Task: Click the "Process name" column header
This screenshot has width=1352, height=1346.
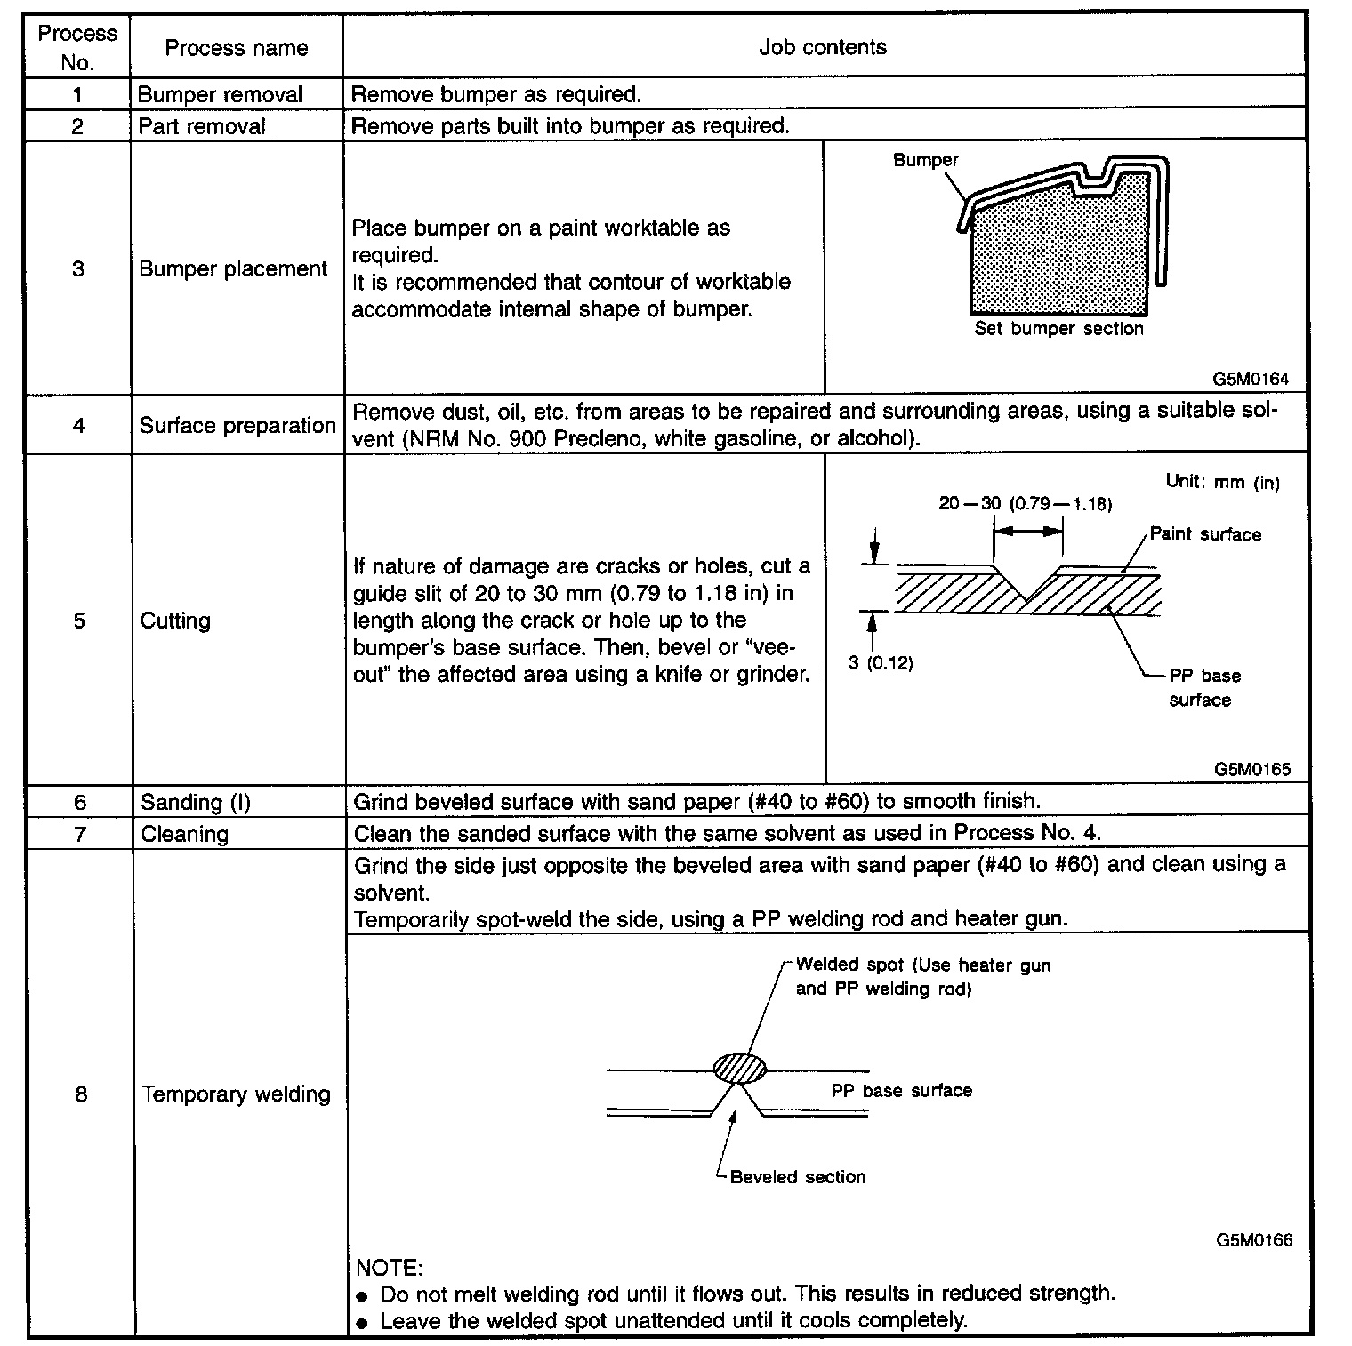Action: pos(237,48)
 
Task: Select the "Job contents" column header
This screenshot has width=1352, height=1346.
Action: pos(823,47)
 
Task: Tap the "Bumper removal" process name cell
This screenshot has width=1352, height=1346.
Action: pos(220,94)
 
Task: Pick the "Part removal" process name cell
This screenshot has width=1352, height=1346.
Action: pos(202,126)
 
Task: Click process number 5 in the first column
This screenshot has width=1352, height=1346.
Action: pos(79,621)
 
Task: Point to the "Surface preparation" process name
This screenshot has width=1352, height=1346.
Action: pos(237,426)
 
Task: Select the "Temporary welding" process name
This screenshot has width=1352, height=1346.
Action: pos(237,1094)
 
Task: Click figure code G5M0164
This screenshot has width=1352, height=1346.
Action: pos(1251,379)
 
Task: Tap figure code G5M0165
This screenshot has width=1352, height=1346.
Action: pos(1251,769)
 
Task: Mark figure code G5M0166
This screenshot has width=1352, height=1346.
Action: pos(1254,1240)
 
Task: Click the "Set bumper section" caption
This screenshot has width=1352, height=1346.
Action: pos(1058,329)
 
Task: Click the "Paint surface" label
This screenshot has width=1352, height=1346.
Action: pos(1205,534)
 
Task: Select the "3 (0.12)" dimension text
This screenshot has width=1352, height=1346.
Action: pos(881,663)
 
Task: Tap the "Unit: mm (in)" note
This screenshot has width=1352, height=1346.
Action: pos(1223,482)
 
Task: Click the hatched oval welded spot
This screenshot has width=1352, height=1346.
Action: pos(739,1068)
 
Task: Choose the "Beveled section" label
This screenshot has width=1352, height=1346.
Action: pos(798,1177)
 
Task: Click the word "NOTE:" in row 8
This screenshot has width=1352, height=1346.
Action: pos(389,1266)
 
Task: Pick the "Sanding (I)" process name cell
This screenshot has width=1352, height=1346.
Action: pos(196,802)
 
